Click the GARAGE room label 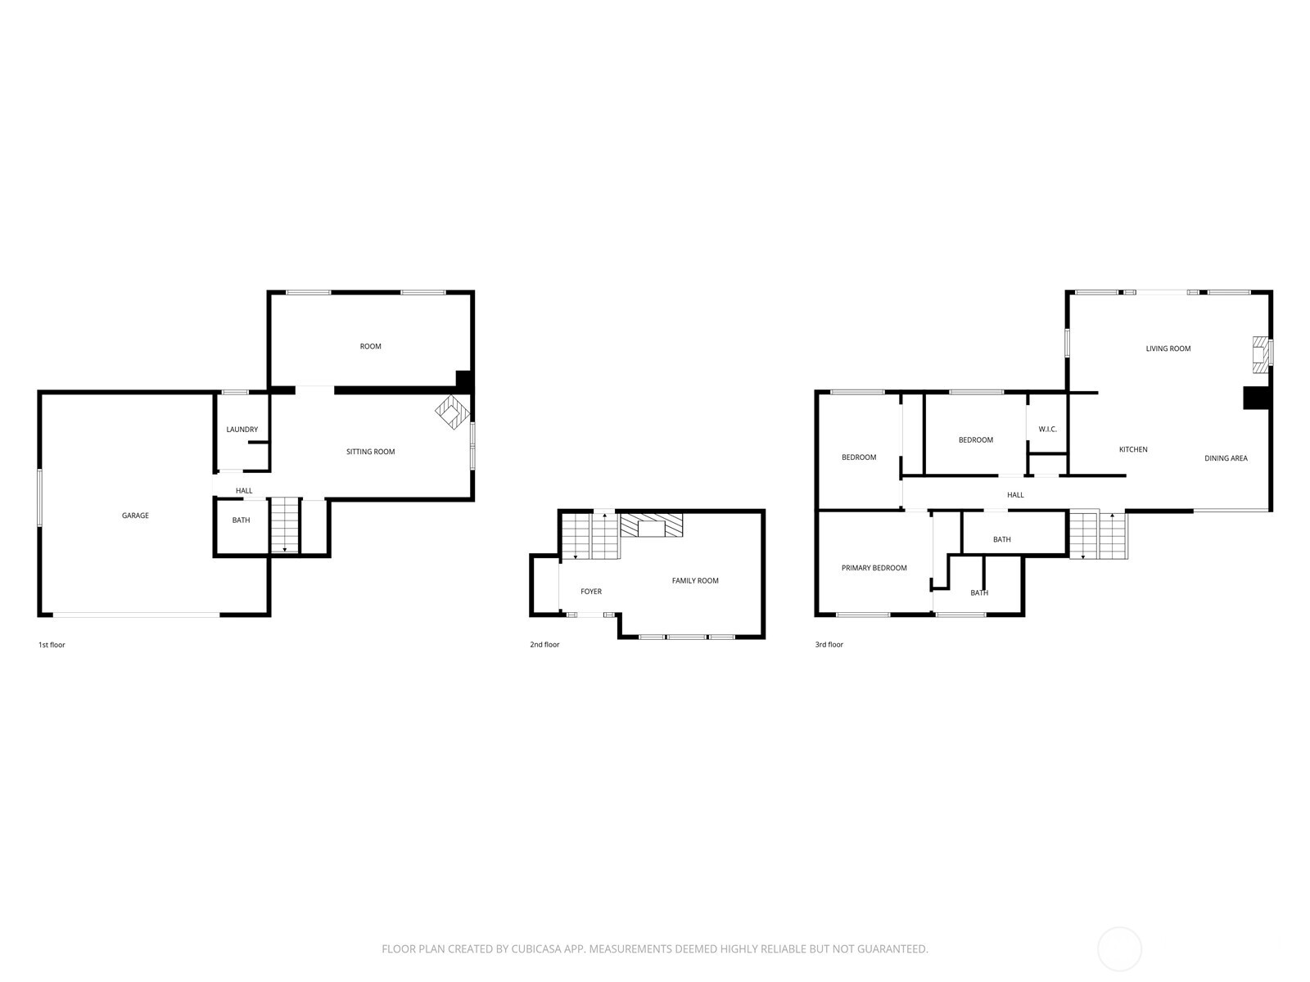click(135, 516)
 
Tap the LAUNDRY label click(242, 430)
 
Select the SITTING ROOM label click(370, 452)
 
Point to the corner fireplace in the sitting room click(452, 412)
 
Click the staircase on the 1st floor click(285, 525)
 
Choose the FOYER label click(591, 592)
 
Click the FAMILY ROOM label click(694, 580)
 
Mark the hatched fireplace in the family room click(651, 525)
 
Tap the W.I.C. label click(1047, 430)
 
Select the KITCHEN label click(1133, 449)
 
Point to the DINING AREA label click(1225, 458)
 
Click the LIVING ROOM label click(1168, 349)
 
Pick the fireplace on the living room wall click(1260, 355)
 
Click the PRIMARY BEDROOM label click(874, 568)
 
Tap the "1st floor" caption click(52, 645)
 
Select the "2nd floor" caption click(544, 645)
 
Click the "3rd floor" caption click(829, 645)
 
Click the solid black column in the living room click(1256, 398)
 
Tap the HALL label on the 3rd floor click(1015, 495)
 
